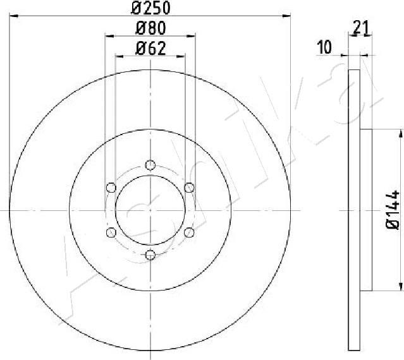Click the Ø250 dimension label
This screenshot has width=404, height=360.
(x=150, y=8)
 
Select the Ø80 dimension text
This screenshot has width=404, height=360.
(x=150, y=28)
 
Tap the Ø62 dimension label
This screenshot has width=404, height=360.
(x=150, y=49)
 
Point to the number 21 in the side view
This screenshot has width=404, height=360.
(x=361, y=27)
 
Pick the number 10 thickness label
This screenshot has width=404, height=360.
(x=324, y=47)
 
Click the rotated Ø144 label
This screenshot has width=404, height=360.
(x=393, y=210)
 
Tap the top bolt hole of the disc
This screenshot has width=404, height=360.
(x=150, y=165)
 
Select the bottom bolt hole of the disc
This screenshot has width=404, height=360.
(x=150, y=255)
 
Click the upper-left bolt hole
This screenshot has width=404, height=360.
(x=111, y=188)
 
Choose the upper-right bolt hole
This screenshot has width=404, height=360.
(x=189, y=188)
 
